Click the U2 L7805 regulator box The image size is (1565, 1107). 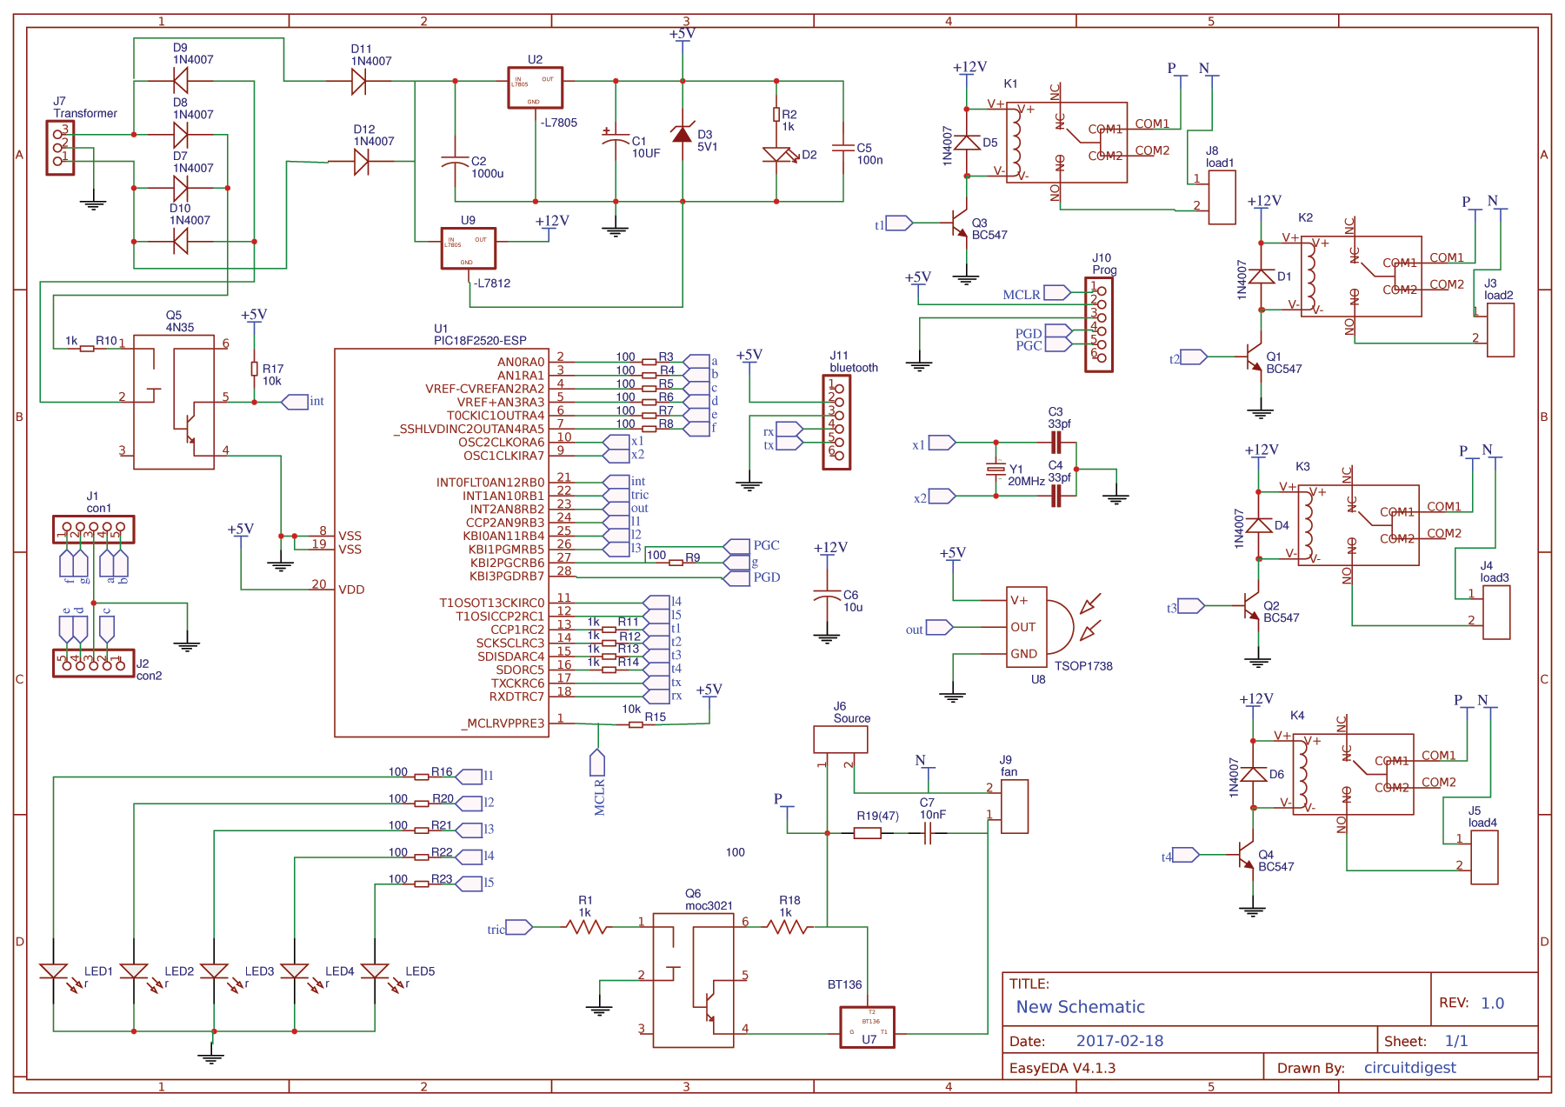pos(535,88)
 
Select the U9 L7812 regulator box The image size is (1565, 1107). pos(468,248)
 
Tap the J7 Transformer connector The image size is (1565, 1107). pos(60,147)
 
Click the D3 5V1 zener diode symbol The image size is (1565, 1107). pos(683,134)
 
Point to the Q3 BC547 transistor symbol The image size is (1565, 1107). pos(960,223)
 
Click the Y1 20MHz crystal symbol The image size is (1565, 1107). pos(996,470)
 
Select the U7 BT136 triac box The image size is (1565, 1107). pos(867,1027)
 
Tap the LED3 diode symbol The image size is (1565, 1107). pos(214,971)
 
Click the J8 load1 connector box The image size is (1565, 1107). pos(1222,197)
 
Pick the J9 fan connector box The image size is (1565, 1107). pos(1015,806)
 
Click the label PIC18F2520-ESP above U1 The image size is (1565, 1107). pos(480,341)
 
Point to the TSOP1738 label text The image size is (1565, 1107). pos(1083,666)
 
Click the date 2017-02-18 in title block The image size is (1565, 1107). pos(1119,1041)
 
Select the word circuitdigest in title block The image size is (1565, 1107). pos(1409,1068)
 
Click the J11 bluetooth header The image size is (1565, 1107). pos(836,422)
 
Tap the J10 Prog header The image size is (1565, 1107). pos(1098,324)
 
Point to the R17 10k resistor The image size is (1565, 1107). pos(255,369)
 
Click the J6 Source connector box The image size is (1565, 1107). pos(840,739)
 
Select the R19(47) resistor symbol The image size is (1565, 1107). pos(867,833)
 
